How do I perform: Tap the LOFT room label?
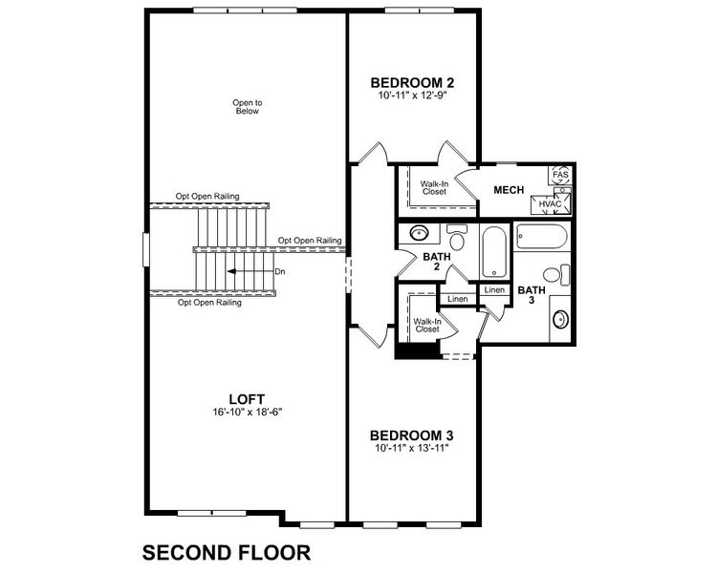(247, 399)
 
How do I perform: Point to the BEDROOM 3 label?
(410, 435)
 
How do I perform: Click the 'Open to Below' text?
(247, 106)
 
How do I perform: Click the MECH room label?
(508, 189)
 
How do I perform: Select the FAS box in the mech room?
(560, 176)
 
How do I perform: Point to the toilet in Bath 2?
(456, 237)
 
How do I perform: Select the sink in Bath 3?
(561, 320)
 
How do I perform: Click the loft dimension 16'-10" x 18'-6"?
(247, 413)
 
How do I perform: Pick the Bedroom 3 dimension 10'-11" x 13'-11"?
(410, 447)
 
